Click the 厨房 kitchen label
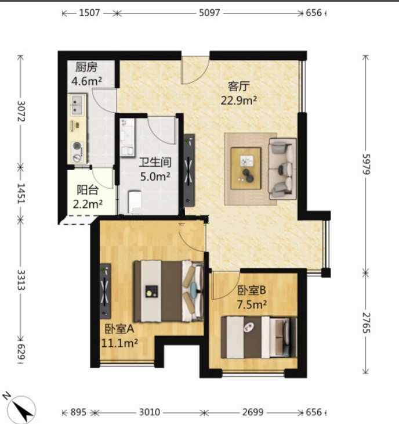(86, 67)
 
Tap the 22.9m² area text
(238, 100)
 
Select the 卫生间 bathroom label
(155, 162)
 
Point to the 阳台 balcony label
(88, 190)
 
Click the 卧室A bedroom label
(119, 329)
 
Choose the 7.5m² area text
(252, 305)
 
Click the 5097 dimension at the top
(209, 13)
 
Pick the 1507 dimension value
(89, 13)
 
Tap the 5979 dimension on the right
(366, 164)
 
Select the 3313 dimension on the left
(21, 280)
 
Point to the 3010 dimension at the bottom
(150, 412)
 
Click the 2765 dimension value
(366, 323)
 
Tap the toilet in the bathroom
(135, 200)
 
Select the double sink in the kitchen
(77, 105)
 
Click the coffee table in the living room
(246, 168)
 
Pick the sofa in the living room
(282, 169)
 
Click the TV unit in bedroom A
(106, 291)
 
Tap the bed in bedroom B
(259, 337)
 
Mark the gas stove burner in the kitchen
(77, 146)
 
